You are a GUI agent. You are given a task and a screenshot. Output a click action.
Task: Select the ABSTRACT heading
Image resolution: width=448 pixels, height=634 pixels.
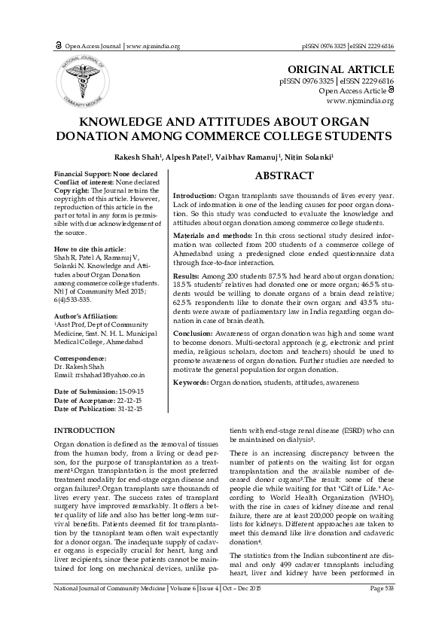coord(284,176)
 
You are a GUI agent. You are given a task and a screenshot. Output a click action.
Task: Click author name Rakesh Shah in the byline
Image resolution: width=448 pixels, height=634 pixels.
coord(139,157)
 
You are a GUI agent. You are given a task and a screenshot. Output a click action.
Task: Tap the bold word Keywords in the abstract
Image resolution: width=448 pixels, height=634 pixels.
coord(190,383)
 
